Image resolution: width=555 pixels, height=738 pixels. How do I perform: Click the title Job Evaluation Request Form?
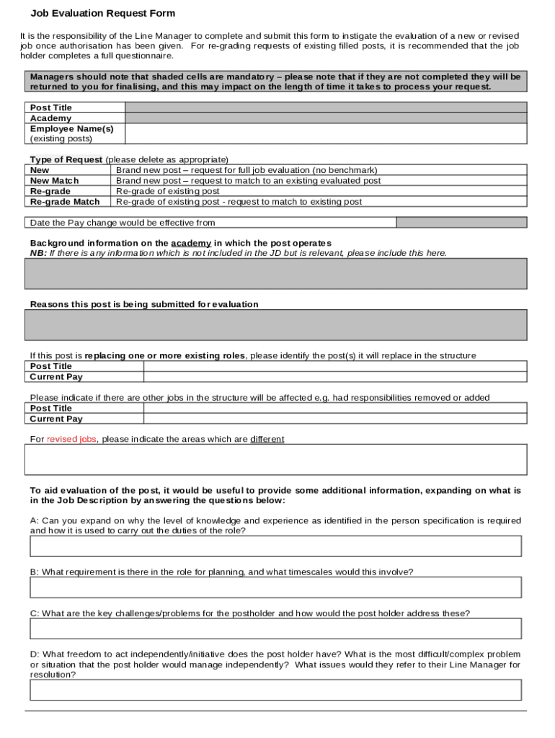coord(102,14)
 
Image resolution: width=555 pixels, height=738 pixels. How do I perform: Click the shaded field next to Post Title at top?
coord(326,107)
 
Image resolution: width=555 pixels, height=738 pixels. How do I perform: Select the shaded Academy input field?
coord(326,118)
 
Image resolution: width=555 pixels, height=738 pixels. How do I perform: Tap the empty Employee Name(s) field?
coord(326,133)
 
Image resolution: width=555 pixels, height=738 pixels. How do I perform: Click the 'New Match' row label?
coord(55,181)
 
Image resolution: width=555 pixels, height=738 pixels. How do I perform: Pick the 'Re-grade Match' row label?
coord(65,202)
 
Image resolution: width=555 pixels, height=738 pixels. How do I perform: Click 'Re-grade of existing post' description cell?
coord(168,192)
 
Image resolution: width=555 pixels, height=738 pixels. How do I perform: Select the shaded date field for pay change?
coord(461,223)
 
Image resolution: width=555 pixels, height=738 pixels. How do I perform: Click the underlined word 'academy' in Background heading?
coord(191,244)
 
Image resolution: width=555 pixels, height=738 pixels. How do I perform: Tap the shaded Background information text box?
coord(276,273)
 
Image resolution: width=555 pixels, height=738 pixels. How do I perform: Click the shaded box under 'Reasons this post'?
coord(276,324)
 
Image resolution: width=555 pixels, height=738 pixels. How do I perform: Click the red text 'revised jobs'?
coord(71,439)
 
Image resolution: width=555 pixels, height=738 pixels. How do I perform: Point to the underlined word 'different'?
coord(267,439)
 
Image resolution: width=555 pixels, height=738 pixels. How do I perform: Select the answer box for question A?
coord(275,546)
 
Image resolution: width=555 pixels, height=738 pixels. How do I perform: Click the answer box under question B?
coord(275,587)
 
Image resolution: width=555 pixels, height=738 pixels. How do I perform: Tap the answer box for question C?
coord(275,628)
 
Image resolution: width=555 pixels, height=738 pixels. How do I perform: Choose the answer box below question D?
coord(275,690)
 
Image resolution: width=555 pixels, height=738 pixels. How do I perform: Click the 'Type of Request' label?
coord(66,159)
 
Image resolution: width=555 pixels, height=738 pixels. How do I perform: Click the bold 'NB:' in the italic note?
coord(38,253)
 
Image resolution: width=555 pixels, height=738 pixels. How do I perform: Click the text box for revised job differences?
coord(276,459)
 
